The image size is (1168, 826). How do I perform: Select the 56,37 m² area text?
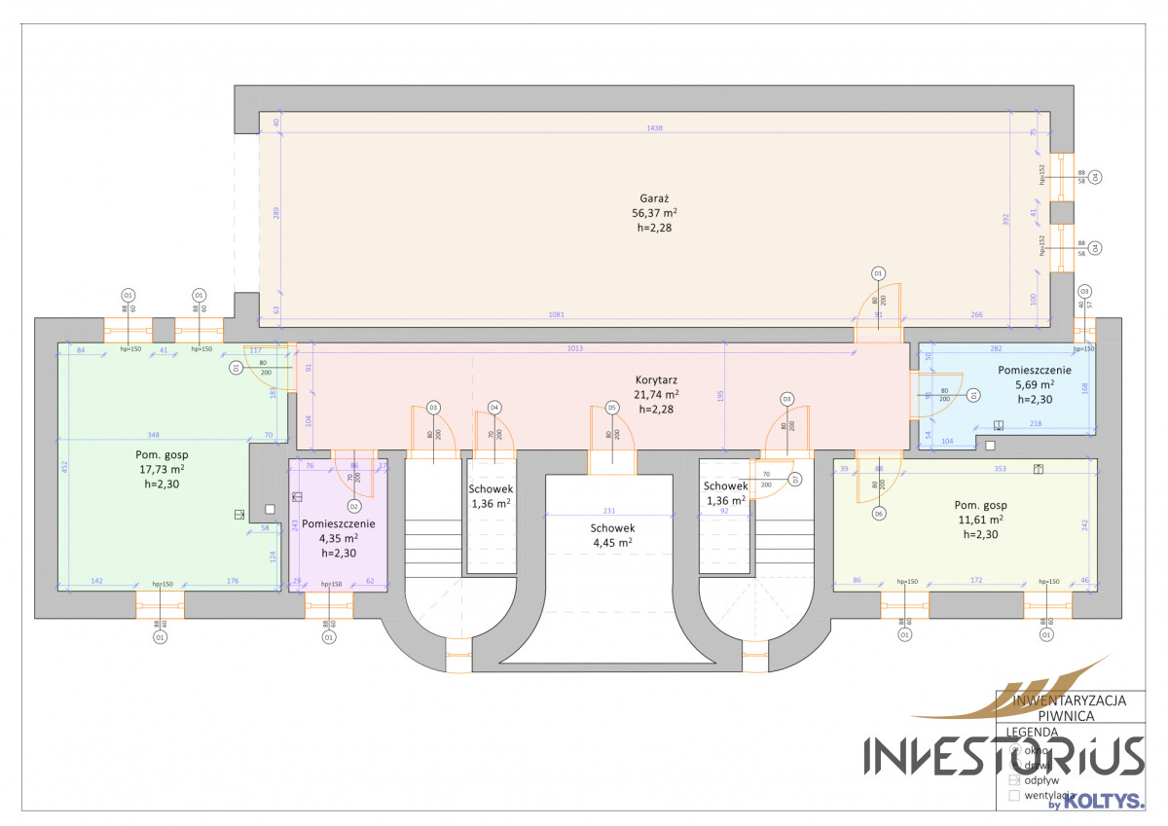[654, 212]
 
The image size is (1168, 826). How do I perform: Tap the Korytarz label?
[656, 379]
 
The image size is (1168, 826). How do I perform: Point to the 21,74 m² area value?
[656, 394]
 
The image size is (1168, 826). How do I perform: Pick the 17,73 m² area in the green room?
[162, 469]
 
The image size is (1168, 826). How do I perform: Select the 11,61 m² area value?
[981, 520]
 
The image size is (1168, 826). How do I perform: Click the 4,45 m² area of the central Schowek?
[611, 543]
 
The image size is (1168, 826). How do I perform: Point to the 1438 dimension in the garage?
[654, 129]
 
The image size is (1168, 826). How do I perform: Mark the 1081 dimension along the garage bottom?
[556, 314]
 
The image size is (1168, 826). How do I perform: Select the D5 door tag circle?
[612, 408]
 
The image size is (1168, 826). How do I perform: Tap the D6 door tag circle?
[878, 514]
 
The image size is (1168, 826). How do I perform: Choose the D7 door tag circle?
[795, 479]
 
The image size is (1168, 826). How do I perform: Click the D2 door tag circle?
[354, 507]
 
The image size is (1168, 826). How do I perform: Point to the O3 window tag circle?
[1084, 291]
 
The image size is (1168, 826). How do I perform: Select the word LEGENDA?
[1032, 732]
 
